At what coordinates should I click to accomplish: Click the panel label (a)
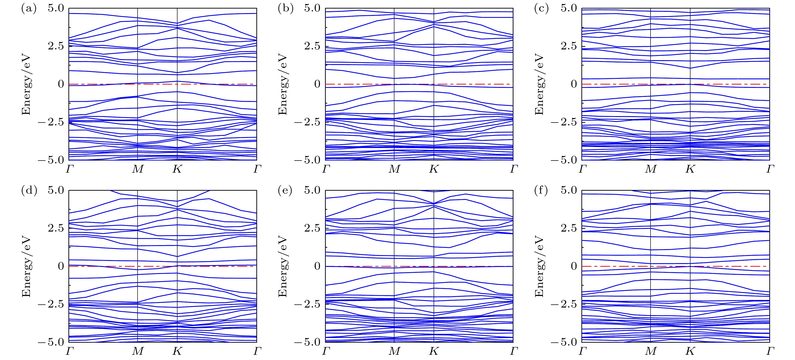pyautogui.click(x=29, y=9)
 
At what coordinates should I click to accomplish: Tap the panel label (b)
pyautogui.click(x=285, y=9)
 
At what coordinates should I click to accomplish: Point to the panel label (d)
pyautogui.click(x=29, y=191)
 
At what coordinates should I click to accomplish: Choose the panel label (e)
pyautogui.click(x=285, y=191)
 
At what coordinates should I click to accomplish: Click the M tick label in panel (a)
pyautogui.click(x=138, y=169)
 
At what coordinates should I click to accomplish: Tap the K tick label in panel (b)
pyautogui.click(x=434, y=169)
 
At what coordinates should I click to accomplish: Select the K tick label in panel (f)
pyautogui.click(x=690, y=351)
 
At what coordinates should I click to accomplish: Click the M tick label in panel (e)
pyautogui.click(x=394, y=351)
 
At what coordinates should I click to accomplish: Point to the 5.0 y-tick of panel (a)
pyautogui.click(x=56, y=8)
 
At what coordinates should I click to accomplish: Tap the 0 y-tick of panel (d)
pyautogui.click(x=61, y=266)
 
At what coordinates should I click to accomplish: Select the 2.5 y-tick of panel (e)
pyautogui.click(x=312, y=228)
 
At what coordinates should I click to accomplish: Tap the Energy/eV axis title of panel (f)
pyautogui.click(x=539, y=266)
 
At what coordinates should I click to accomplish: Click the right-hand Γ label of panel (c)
pyautogui.click(x=770, y=169)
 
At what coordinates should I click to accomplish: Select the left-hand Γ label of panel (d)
pyautogui.click(x=69, y=351)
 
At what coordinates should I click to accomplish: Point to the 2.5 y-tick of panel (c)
pyautogui.click(x=569, y=46)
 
